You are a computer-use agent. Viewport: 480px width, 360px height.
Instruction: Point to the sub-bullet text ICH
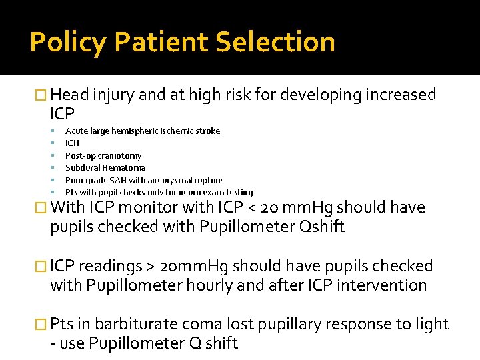click(x=72, y=143)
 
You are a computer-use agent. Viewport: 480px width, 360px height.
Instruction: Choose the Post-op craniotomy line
click(x=103, y=155)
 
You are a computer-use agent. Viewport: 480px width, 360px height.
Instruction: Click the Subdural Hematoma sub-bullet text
click(x=105, y=168)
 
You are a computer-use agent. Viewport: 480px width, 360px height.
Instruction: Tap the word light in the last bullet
click(x=433, y=325)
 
